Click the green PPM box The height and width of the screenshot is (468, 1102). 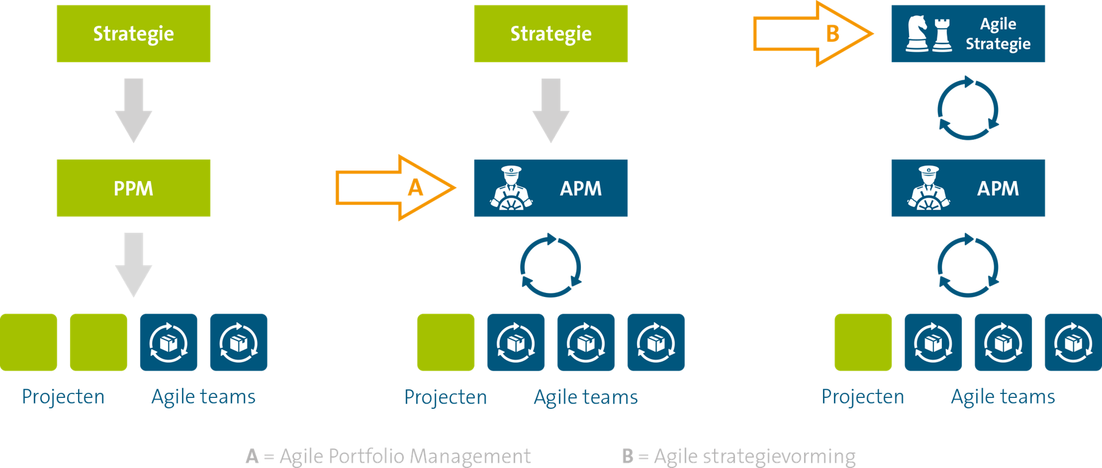133,188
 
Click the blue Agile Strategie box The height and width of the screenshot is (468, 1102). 968,33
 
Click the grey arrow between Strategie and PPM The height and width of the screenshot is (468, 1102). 133,110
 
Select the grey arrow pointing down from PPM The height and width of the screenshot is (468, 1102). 133,265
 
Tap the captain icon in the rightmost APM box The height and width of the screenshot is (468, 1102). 928,188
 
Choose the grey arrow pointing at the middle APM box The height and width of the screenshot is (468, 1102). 550,110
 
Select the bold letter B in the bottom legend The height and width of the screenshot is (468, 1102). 628,456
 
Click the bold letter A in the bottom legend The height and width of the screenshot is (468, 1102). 251,456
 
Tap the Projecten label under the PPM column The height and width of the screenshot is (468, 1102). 63,397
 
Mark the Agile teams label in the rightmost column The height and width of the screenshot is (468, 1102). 1003,397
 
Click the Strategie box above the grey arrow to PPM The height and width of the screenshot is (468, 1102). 133,33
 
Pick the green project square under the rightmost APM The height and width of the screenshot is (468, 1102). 863,342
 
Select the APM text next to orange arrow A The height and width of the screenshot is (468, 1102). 580,188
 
